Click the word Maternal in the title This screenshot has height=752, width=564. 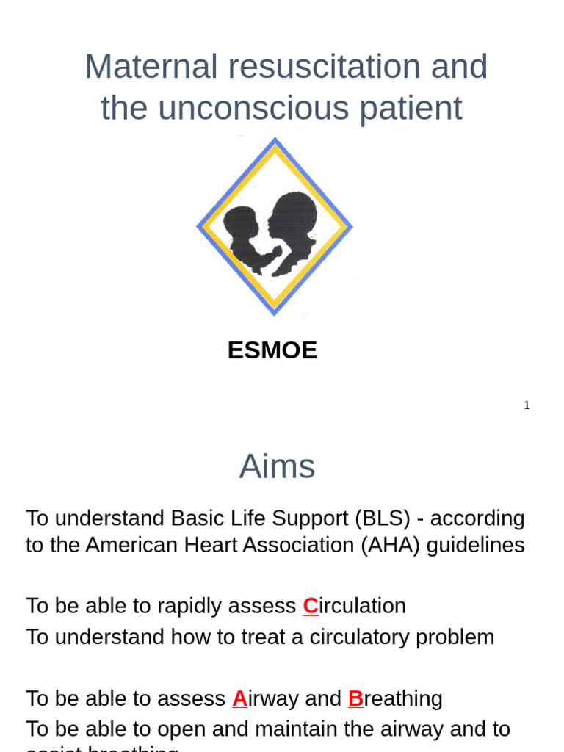pos(151,67)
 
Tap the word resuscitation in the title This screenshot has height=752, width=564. pos(324,67)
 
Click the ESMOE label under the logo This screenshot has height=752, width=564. pos(272,350)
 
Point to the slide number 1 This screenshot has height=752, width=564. pos(527,405)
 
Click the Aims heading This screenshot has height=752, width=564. pos(277,466)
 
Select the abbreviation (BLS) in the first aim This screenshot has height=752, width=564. pos(382,518)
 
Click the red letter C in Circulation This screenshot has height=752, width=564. pos(311,606)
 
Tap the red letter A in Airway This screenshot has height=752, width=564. pos(239,698)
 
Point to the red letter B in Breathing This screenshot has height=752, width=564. pos(355,698)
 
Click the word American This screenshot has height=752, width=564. pos(129,545)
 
